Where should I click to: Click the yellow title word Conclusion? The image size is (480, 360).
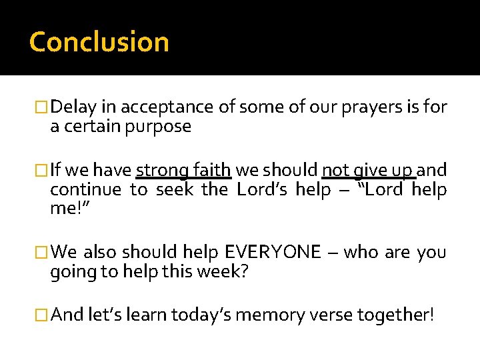point(99,42)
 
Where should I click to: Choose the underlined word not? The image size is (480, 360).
point(335,170)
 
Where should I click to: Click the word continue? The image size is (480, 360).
point(85,190)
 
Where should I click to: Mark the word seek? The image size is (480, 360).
point(175,190)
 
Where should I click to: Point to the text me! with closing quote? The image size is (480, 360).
point(69,209)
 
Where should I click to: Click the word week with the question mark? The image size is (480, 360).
point(225,272)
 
